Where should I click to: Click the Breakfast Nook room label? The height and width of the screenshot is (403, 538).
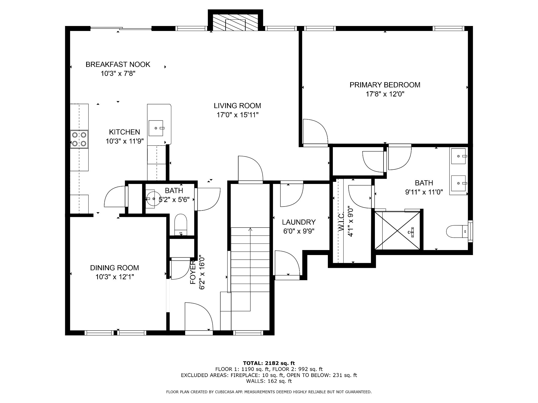click(118, 65)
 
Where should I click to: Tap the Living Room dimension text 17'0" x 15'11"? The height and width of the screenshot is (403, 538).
click(237, 115)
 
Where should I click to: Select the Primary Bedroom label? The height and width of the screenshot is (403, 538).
click(385, 85)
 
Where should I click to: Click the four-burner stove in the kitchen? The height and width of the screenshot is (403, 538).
click(79, 139)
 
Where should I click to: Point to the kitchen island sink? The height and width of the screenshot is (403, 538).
click(156, 128)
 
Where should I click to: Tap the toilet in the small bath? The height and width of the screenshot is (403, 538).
click(180, 225)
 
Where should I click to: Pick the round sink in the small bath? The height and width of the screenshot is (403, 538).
click(153, 199)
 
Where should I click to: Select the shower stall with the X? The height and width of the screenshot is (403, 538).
click(397, 231)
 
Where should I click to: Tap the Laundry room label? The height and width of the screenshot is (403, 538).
click(299, 222)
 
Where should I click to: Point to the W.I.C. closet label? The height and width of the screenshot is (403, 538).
click(341, 222)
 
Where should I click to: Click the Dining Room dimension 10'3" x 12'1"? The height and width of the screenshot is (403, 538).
click(115, 277)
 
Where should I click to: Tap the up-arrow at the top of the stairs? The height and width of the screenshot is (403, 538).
click(250, 230)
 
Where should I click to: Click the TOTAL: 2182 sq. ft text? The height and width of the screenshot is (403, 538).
click(269, 363)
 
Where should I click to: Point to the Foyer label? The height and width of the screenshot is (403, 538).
click(193, 272)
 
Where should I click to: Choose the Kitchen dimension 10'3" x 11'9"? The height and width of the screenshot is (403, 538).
click(125, 141)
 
